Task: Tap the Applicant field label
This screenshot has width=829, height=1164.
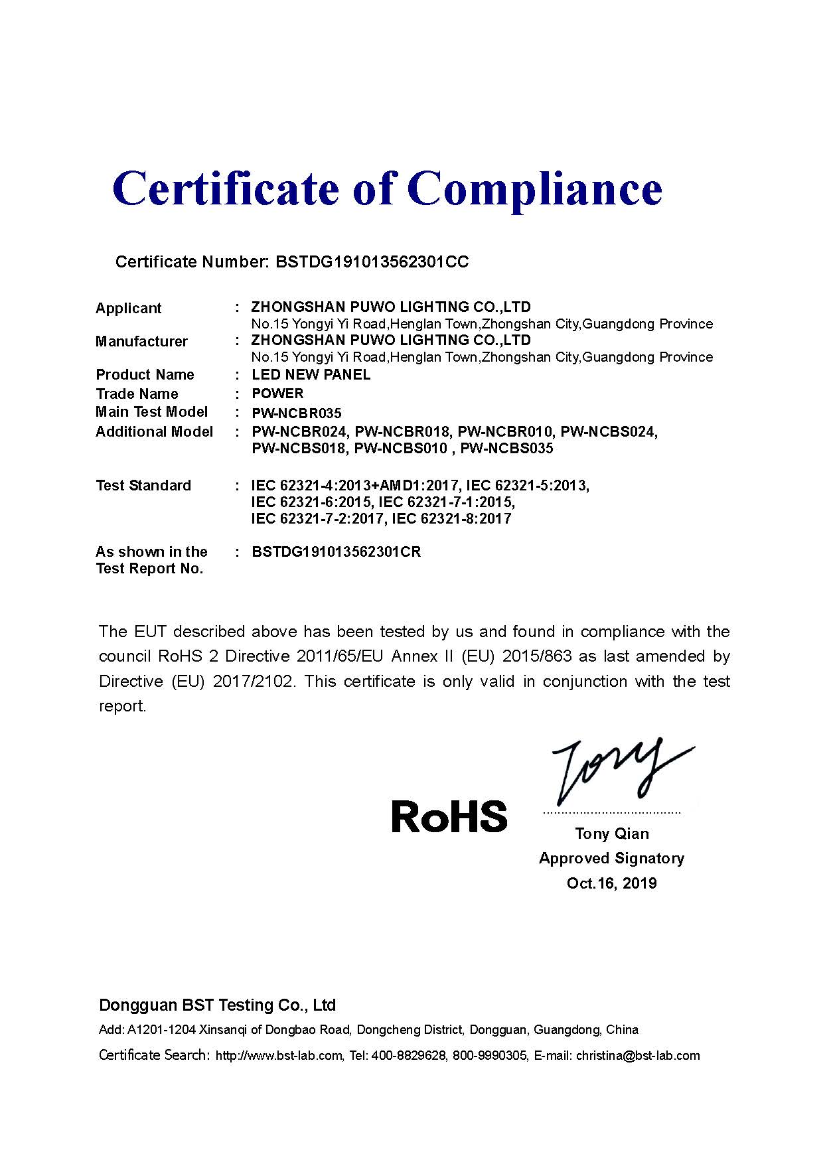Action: click(128, 308)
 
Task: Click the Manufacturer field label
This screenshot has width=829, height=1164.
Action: click(141, 341)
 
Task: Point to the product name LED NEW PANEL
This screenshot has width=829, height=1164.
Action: click(311, 374)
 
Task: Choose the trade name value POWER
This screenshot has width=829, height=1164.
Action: click(277, 394)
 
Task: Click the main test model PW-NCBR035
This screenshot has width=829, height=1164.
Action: click(297, 413)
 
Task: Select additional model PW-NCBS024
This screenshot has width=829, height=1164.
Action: click(609, 432)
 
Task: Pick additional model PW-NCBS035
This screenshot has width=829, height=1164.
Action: click(506, 449)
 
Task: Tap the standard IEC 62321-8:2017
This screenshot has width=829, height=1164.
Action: click(451, 519)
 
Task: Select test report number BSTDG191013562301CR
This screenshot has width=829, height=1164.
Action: click(336, 552)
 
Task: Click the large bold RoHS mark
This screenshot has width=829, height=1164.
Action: click(449, 816)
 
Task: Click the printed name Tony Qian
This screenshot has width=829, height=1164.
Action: click(612, 834)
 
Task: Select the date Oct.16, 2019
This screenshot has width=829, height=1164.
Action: click(611, 883)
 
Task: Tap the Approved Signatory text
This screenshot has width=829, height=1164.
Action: click(611, 859)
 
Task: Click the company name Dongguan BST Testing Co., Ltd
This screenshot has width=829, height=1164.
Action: click(217, 1005)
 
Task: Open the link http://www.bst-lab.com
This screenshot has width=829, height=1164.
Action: click(279, 1056)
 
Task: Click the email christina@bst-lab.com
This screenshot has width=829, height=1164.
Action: click(638, 1056)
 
